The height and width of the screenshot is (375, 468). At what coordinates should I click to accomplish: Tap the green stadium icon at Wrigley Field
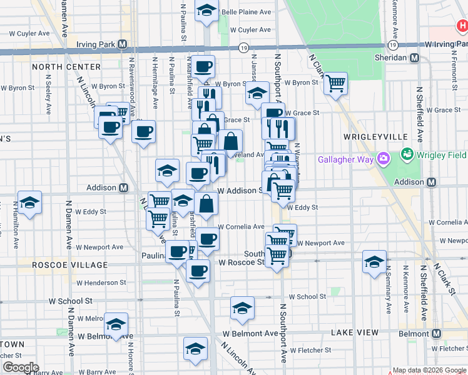[408, 153]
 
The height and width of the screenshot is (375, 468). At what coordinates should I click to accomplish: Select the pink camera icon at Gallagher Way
[384, 159]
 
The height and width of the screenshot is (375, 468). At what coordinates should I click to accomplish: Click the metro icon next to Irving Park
[122, 45]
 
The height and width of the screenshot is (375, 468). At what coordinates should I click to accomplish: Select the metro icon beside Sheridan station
[414, 57]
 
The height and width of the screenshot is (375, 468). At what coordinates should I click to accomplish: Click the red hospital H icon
[462, 27]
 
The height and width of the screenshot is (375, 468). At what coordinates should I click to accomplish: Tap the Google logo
[20, 367]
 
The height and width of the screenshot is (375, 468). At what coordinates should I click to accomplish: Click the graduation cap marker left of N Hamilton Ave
[29, 202]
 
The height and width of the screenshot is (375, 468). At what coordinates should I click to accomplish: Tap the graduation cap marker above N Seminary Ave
[374, 261]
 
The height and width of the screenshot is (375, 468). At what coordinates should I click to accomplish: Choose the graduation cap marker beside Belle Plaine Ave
[206, 11]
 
